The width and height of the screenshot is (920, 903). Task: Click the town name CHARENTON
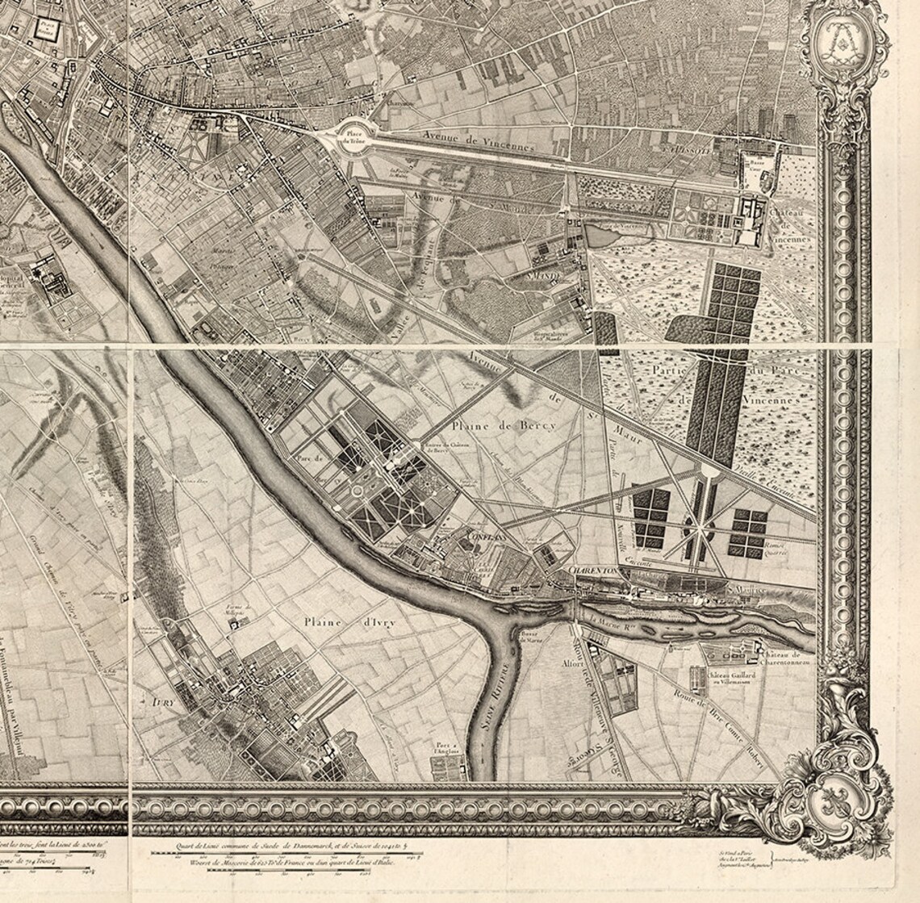593,570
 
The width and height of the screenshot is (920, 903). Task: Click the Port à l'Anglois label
445,747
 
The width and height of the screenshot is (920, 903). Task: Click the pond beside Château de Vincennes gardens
604,236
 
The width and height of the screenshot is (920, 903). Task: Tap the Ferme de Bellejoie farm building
232,622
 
